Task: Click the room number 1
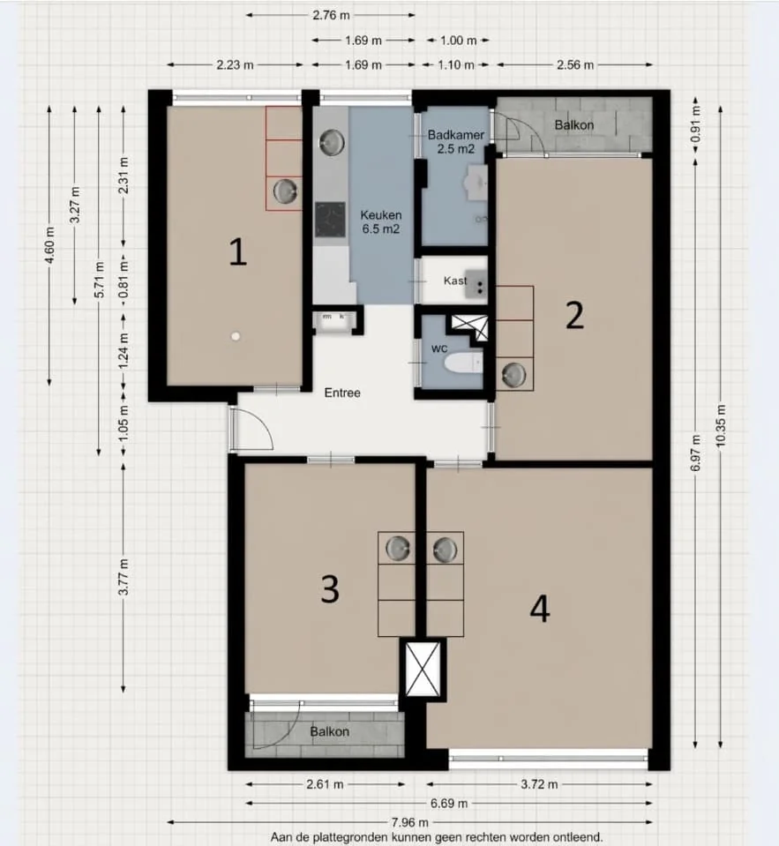click(238, 252)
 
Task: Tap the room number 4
click(539, 610)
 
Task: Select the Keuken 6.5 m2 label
click(381, 221)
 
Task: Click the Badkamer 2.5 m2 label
click(456, 142)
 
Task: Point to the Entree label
click(342, 393)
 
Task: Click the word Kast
click(455, 281)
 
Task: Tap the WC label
click(439, 349)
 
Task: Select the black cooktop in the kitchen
click(330, 220)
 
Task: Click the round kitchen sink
click(332, 141)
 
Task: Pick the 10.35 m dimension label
click(721, 426)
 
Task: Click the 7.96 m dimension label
click(410, 822)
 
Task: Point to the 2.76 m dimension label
click(331, 15)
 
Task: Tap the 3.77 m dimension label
click(124, 577)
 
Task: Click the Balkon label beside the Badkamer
click(574, 125)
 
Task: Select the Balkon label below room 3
click(329, 731)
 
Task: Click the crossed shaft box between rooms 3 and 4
click(423, 670)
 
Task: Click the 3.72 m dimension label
click(539, 784)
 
